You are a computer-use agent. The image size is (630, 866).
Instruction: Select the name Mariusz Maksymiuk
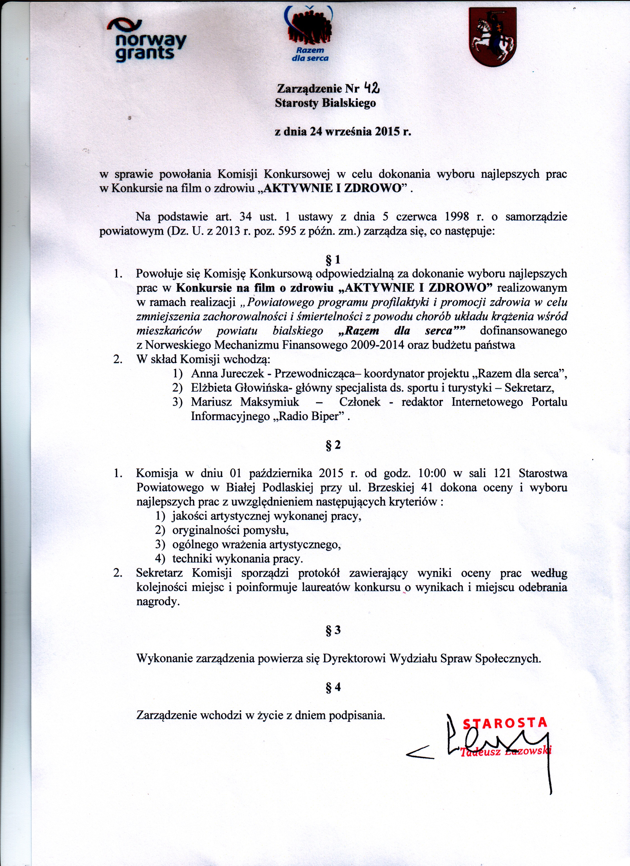coord(245,402)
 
